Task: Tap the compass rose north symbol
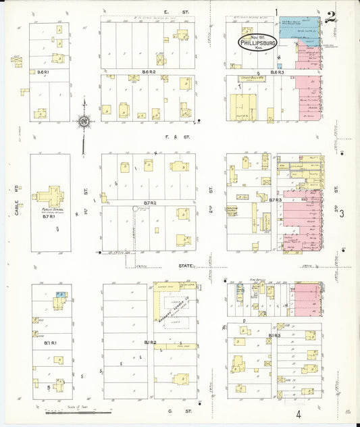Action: click(83, 122)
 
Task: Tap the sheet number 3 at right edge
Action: click(342, 214)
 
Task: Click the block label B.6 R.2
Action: click(149, 72)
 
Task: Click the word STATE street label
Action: click(186, 266)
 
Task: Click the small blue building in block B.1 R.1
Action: click(60, 295)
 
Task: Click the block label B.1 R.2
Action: click(150, 343)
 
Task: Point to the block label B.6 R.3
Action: click(276, 72)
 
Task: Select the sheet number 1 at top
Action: click(278, 11)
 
